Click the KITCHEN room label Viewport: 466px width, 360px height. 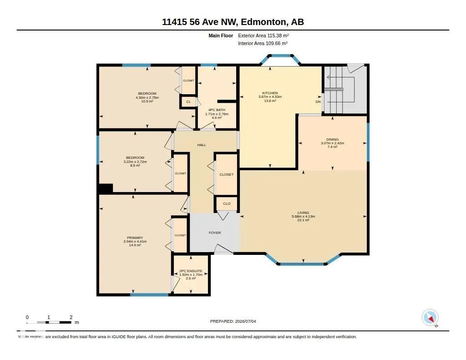coord(270,93)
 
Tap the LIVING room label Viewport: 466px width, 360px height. coord(303,213)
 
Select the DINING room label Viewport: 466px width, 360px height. coord(332,139)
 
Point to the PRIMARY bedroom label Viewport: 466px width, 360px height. coord(135,238)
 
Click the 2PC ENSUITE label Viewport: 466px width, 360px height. coord(191,271)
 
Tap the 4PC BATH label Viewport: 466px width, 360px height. coord(217,110)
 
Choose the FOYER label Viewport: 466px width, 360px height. coord(215,233)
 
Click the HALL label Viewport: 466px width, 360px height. coord(202,145)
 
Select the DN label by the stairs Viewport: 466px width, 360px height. coord(318,101)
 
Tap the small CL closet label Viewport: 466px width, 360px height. coord(188,101)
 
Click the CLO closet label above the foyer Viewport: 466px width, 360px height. coord(227,203)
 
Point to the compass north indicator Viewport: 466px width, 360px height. coord(430,318)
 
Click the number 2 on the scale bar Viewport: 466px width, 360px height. coord(71,317)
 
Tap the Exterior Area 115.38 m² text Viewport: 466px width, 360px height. coord(263,35)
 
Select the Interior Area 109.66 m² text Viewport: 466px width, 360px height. coord(263,43)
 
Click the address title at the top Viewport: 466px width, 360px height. coord(233,22)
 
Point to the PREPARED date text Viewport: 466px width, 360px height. coord(233,321)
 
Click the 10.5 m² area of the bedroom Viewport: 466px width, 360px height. coord(147,101)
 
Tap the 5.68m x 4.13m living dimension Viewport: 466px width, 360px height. coord(303,217)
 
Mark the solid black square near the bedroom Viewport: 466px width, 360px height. coord(106,188)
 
